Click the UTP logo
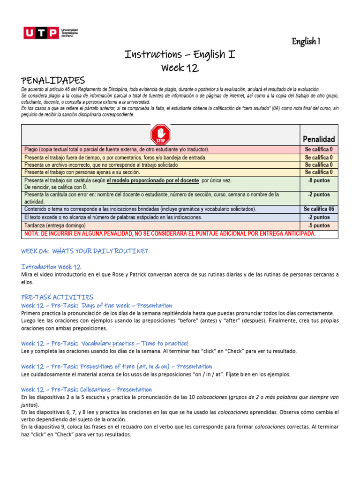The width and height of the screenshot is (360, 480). click(x=51, y=33)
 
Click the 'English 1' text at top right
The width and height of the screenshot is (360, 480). click(x=306, y=42)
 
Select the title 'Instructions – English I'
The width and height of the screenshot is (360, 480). click(x=180, y=54)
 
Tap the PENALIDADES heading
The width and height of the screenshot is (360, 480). click(x=53, y=81)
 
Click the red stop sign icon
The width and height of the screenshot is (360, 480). click(x=160, y=135)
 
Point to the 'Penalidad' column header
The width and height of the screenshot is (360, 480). click(x=319, y=139)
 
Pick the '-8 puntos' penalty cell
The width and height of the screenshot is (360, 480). click(x=319, y=180)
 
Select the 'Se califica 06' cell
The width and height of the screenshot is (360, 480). click(x=319, y=209)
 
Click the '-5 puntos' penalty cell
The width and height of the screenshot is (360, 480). click(x=319, y=225)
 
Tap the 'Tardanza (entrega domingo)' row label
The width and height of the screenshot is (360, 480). click(x=55, y=225)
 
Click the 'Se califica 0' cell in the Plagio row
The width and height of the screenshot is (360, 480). click(x=319, y=150)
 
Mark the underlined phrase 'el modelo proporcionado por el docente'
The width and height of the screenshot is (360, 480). click(x=152, y=180)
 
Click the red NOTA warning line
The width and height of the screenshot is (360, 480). click(x=170, y=233)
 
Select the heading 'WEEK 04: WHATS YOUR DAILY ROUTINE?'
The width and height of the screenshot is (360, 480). click(x=84, y=251)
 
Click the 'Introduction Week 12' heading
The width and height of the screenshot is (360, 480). click(x=51, y=267)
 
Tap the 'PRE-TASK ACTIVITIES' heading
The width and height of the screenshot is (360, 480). click(x=57, y=297)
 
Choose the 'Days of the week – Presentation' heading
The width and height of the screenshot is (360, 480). click(x=97, y=306)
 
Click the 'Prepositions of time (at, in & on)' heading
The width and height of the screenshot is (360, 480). click(x=116, y=366)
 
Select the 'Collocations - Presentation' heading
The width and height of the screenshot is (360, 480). click(x=86, y=389)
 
